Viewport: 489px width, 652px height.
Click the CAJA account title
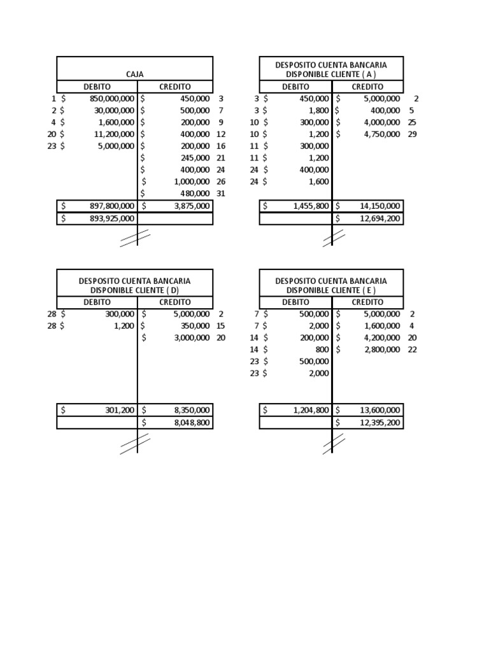pos(135,74)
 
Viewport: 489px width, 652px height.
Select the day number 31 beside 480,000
pos(221,194)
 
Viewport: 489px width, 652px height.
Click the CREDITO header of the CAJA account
pos(175,87)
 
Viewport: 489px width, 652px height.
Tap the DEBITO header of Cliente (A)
pos(295,87)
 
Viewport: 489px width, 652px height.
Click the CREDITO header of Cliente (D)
pos(175,302)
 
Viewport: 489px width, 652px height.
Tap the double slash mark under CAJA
pos(135,237)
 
